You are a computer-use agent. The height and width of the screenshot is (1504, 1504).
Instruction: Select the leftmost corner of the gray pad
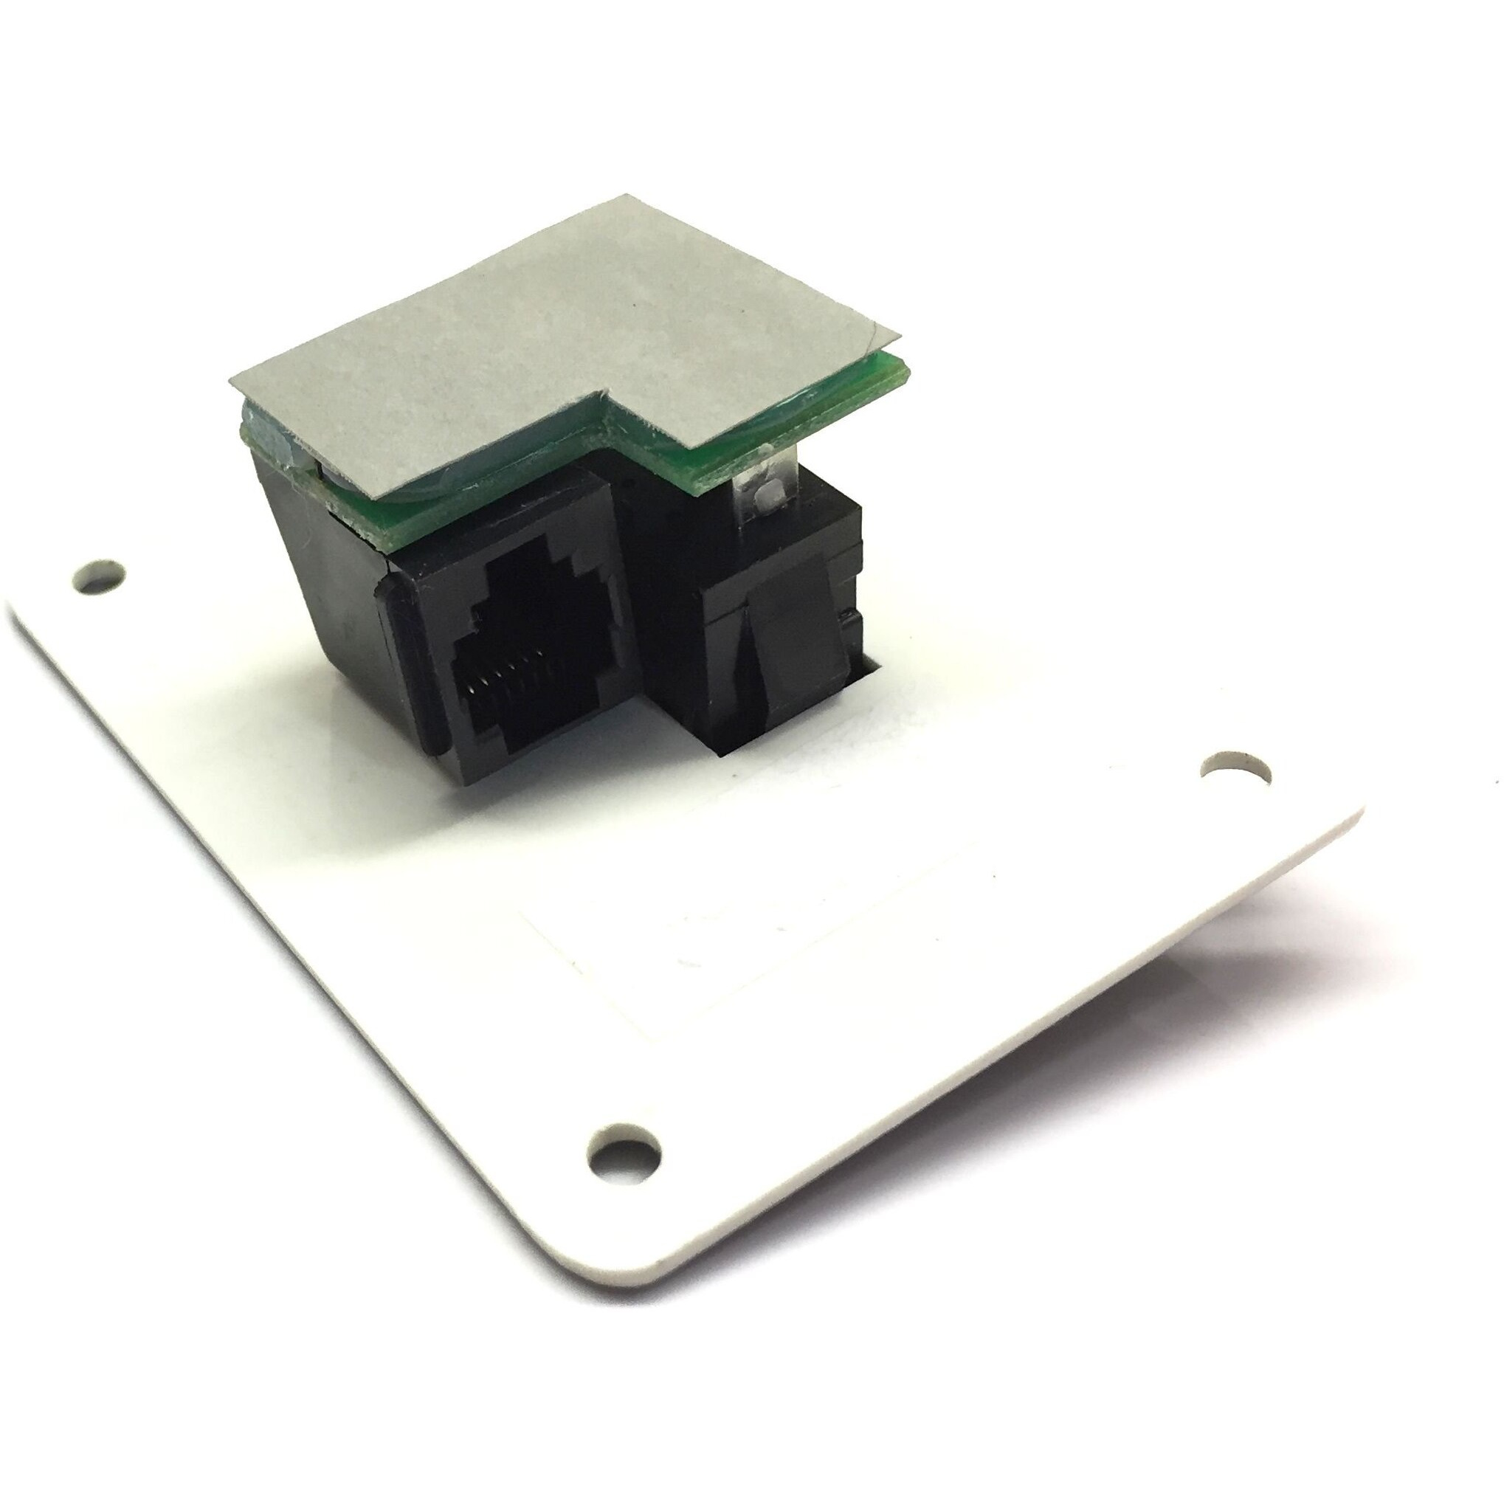point(231,382)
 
